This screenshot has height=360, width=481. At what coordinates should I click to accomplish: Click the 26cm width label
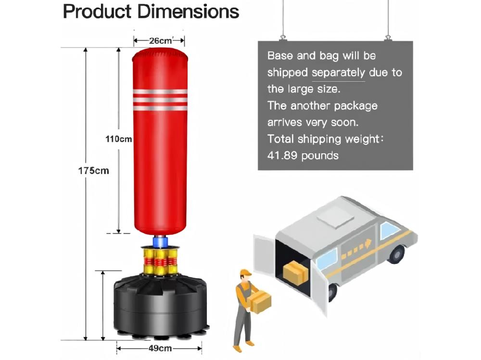coord(160,41)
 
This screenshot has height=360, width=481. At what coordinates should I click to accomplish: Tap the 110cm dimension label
coord(119,139)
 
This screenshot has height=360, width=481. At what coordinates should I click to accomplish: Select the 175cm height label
coord(94,171)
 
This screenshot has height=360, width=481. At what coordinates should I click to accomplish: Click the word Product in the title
coord(96,11)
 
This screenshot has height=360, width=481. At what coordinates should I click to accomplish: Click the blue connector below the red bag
coord(159,240)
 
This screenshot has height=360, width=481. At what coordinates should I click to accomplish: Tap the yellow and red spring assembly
coord(159,261)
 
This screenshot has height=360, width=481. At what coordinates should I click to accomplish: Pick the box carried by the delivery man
coord(260,302)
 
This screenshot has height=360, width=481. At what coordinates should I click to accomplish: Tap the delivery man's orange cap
coord(245,273)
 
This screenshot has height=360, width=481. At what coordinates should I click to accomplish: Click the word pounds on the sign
coord(320,155)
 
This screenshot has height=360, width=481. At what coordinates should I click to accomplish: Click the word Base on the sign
coord(279,56)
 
